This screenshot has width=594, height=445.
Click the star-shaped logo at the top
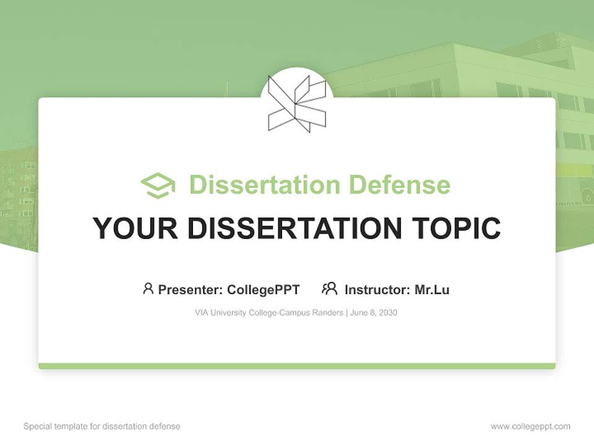coord(297,103)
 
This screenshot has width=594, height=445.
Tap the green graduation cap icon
coord(158,185)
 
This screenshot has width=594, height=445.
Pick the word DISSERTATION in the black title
coord(286,228)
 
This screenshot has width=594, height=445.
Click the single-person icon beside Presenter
coord(148,289)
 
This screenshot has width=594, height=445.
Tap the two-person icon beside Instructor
coord(329,289)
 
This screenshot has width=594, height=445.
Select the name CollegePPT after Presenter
coord(263,289)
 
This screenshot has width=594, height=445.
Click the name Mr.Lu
coord(432,289)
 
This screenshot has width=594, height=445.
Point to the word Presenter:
coord(191,289)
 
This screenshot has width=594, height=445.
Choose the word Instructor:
coord(377,289)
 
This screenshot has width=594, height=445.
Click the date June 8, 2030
coord(373,313)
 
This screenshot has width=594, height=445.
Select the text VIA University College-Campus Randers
coord(269,313)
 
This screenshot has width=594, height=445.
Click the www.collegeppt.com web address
coord(530,426)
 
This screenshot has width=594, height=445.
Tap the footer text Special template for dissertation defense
coord(101,426)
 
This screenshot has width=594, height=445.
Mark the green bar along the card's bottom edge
coord(297,367)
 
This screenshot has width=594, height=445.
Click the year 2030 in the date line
coord(387,313)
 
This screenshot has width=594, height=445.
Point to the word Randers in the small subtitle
coord(329,313)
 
